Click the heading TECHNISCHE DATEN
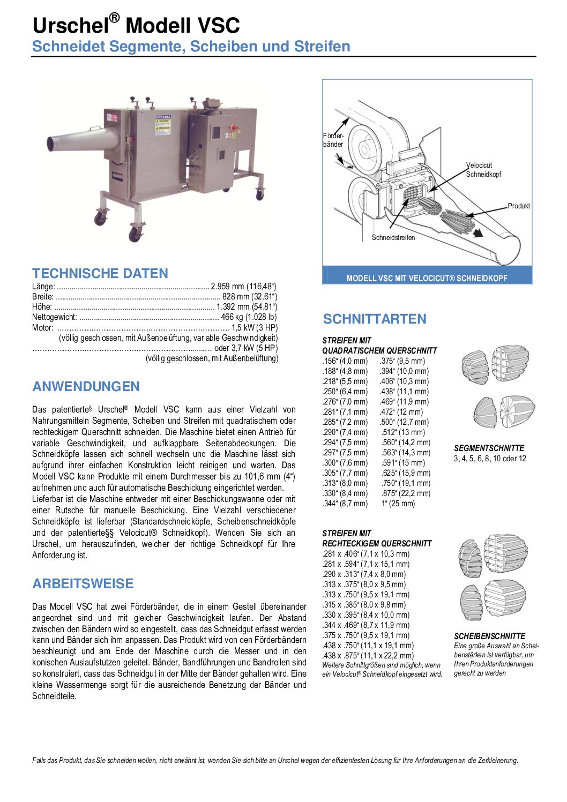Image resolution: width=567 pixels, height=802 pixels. [x=100, y=273]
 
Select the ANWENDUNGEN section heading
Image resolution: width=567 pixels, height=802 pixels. [x=86, y=386]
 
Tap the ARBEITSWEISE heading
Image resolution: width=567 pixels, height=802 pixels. [x=83, y=583]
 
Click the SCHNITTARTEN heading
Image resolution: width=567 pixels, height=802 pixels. [x=375, y=319]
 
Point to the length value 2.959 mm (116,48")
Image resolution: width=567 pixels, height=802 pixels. [x=244, y=287]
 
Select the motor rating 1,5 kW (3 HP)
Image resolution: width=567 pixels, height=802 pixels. [x=254, y=327]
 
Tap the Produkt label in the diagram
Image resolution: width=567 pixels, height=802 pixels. [x=519, y=206]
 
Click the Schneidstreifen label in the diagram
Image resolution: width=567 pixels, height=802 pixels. [x=393, y=237]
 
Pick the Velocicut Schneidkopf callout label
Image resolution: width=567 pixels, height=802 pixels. [x=483, y=170]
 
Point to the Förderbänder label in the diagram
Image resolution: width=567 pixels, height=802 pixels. [x=333, y=140]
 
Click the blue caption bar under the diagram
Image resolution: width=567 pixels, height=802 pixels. [x=427, y=278]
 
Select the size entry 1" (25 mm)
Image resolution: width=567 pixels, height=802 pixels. [x=398, y=504]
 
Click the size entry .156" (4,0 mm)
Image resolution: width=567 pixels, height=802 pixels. [x=345, y=361]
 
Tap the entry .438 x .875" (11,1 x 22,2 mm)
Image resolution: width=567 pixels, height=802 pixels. [x=368, y=656]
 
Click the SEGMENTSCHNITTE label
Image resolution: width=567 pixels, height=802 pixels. [x=489, y=448]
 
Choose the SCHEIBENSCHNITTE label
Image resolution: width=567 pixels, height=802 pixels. [x=489, y=636]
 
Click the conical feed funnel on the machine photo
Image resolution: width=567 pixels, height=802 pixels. [x=83, y=139]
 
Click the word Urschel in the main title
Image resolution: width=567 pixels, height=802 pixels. [x=70, y=26]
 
